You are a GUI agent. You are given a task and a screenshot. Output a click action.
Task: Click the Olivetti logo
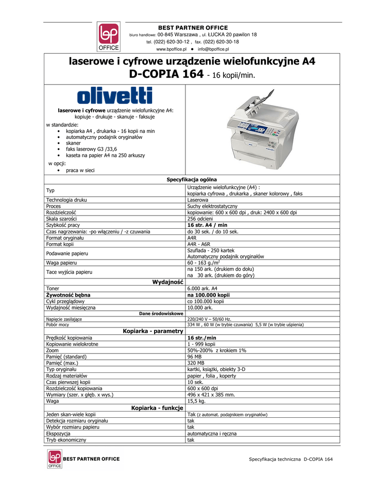pyautogui.click(x=115, y=95)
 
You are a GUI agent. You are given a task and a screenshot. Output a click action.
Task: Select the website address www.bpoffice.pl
pyautogui.click(x=171, y=49)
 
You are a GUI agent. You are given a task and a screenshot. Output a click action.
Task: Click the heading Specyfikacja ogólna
pyautogui.click(x=192, y=179)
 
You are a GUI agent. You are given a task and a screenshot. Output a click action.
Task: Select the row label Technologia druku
pyautogui.click(x=66, y=200)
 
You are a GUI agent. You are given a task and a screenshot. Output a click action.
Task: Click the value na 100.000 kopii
pyautogui.click(x=208, y=294)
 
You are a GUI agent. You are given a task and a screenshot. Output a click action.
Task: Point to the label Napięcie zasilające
pyautogui.click(x=64, y=319)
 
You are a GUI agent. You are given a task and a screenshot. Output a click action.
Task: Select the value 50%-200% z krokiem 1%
pyautogui.click(x=217, y=350)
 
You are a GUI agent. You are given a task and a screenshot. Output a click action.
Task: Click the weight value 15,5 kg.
pyautogui.click(x=197, y=400)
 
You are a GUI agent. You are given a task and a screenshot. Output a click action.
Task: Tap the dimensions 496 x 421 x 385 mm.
pyautogui.click(x=211, y=394)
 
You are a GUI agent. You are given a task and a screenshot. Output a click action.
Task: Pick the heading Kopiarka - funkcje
pyautogui.click(x=157, y=408)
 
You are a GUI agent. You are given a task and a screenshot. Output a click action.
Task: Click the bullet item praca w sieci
pyautogui.click(x=80, y=170)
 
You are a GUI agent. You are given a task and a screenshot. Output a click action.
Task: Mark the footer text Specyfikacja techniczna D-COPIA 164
pyautogui.click(x=290, y=459)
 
